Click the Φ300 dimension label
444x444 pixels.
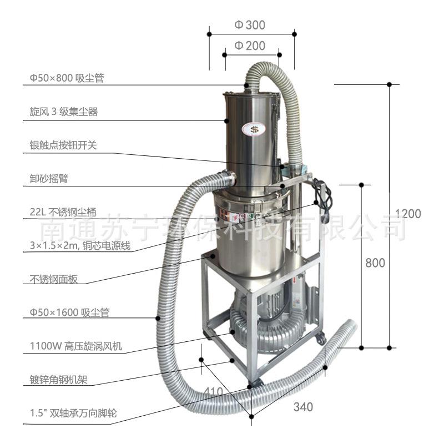[250, 24]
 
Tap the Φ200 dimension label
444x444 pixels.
[250, 46]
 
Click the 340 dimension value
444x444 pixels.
[303, 407]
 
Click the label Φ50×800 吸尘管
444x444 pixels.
[67, 78]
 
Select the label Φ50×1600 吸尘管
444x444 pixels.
[69, 312]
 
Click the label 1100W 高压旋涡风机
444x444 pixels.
[75, 347]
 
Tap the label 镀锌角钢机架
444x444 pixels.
[59, 380]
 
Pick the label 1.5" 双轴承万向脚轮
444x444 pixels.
[73, 413]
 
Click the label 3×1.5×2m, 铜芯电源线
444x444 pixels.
[80, 245]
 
